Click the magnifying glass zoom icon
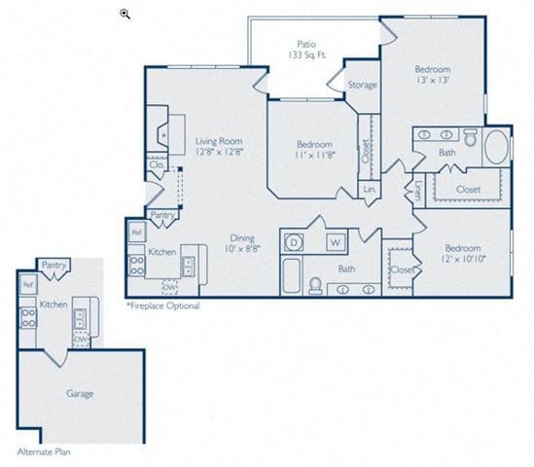click(x=125, y=13)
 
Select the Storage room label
click(x=362, y=86)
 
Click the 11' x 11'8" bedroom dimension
click(x=314, y=156)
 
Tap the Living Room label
click(x=218, y=141)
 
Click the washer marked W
click(x=334, y=241)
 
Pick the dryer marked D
click(x=294, y=241)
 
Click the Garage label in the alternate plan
click(x=80, y=393)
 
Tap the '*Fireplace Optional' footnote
click(x=162, y=305)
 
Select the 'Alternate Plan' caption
click(x=44, y=452)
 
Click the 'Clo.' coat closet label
click(x=157, y=164)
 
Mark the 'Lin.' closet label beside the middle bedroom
click(x=370, y=189)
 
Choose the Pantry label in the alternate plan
click(x=53, y=265)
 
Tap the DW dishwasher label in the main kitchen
click(x=169, y=287)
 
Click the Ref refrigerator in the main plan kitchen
click(x=137, y=233)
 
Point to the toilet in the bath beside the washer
click(x=316, y=285)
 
